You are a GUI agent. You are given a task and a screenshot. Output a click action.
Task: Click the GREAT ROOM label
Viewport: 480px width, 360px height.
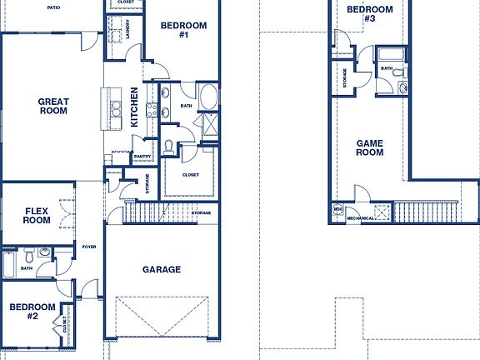(x=53, y=107)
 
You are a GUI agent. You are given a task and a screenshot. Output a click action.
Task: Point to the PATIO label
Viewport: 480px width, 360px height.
(x=53, y=7)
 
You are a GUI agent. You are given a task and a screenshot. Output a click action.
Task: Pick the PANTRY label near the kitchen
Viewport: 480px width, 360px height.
(x=142, y=157)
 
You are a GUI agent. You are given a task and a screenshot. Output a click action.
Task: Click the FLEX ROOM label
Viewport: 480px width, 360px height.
(x=37, y=216)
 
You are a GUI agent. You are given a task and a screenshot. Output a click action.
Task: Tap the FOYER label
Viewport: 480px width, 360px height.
(x=89, y=247)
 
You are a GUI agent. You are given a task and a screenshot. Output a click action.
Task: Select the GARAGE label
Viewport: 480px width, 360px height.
(x=162, y=269)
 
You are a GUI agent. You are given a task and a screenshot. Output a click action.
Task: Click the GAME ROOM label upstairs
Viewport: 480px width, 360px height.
(x=369, y=147)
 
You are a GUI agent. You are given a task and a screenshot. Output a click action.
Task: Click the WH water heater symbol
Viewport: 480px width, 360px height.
(x=337, y=208)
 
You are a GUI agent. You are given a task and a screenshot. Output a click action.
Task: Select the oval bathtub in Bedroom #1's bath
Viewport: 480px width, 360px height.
(x=207, y=96)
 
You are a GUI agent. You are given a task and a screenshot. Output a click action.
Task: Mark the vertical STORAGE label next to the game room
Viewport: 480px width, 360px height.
(x=344, y=78)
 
